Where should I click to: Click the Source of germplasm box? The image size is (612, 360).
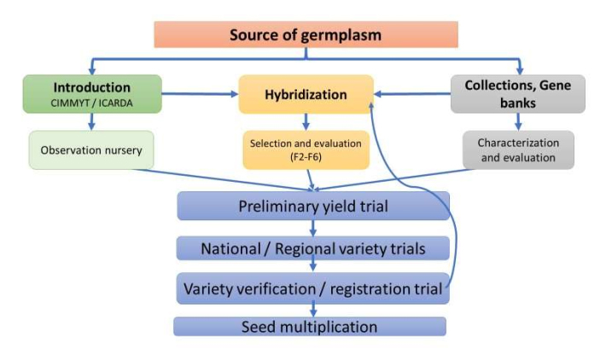pyautogui.click(x=306, y=35)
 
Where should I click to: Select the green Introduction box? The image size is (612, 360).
pyautogui.click(x=92, y=94)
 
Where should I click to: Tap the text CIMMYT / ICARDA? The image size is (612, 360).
pyautogui.click(x=92, y=104)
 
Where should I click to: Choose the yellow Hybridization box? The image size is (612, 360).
pyautogui.click(x=306, y=94)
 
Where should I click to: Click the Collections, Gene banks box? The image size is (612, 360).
pyautogui.click(x=518, y=94)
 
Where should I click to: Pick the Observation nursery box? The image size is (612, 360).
pyautogui.click(x=90, y=150)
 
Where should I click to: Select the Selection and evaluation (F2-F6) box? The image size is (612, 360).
pyautogui.click(x=306, y=150)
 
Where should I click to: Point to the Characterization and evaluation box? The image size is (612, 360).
pyautogui.click(x=518, y=150)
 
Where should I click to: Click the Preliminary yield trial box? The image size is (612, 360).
pyautogui.click(x=312, y=206)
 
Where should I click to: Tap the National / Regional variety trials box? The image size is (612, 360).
pyautogui.click(x=312, y=248)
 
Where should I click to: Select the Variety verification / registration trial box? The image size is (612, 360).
pyautogui.click(x=312, y=288)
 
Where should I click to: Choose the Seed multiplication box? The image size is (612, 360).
pyautogui.click(x=309, y=327)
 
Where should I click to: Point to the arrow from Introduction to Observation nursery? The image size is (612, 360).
pyautogui.click(x=92, y=122)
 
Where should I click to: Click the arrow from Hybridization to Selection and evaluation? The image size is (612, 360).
pyautogui.click(x=306, y=122)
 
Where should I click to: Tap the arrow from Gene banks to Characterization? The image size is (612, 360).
pyautogui.click(x=518, y=122)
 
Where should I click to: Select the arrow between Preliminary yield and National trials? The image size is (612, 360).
pyautogui.click(x=314, y=228)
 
